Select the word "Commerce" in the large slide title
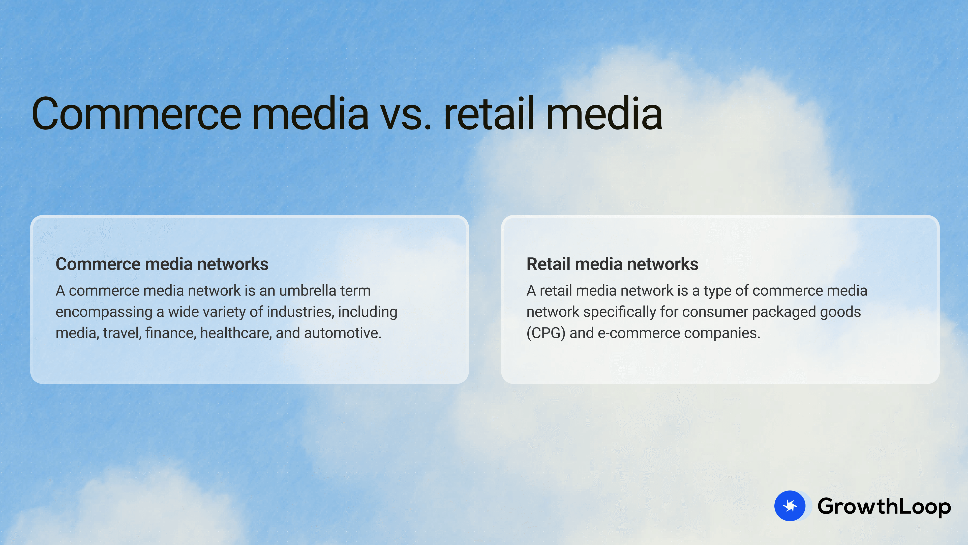click(x=136, y=114)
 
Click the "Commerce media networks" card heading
click(x=162, y=264)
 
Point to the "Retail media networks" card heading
click(x=612, y=264)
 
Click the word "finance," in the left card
click(x=171, y=333)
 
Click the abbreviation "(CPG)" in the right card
click(x=546, y=333)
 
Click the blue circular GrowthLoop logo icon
click(x=790, y=506)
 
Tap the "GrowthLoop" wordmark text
click(x=884, y=506)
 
